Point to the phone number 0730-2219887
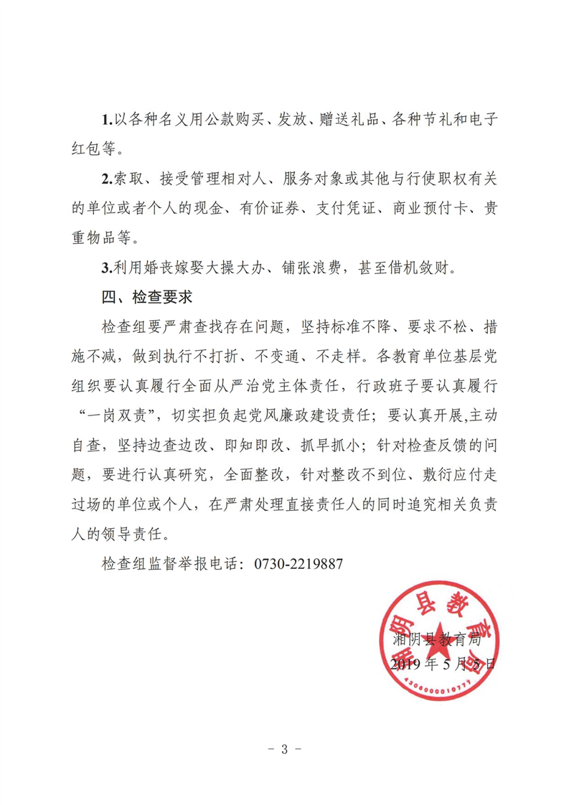coord(299,564)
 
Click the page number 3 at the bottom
coord(284,750)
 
